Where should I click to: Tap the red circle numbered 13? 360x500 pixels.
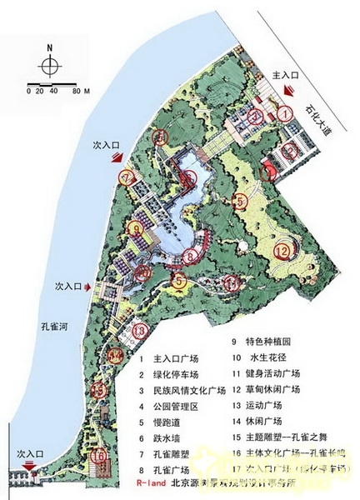[141, 332]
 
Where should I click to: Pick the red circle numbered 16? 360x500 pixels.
[99, 457]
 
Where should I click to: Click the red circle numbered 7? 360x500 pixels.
[127, 177]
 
